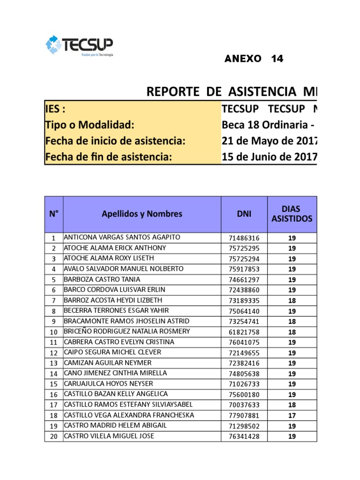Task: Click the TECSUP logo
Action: pyautogui.click(x=79, y=45)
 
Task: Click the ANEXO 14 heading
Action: pyautogui.click(x=254, y=59)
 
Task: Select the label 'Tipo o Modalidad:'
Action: pyautogui.click(x=90, y=125)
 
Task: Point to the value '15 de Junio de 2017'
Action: pyautogui.click(x=269, y=157)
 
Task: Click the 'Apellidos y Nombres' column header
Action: pyautogui.click(x=142, y=214)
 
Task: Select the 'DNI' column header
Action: pyautogui.click(x=244, y=214)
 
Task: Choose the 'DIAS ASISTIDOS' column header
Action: pyautogui.click(x=292, y=214)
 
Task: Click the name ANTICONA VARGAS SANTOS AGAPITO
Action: pyautogui.click(x=122, y=237)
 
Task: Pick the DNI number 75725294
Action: pyautogui.click(x=243, y=259)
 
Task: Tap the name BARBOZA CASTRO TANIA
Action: pyautogui.click(x=102, y=279)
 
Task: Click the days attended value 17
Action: pyautogui.click(x=292, y=415)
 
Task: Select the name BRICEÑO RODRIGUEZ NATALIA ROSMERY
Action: pyautogui.click(x=127, y=331)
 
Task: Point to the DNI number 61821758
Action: pyautogui.click(x=243, y=332)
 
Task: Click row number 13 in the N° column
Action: pyautogui.click(x=53, y=363)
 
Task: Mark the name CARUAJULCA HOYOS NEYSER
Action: pyautogui.click(x=108, y=384)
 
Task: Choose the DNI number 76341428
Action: pyautogui.click(x=243, y=436)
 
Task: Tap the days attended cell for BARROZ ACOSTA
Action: pyautogui.click(x=292, y=300)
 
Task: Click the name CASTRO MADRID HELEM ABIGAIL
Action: pyautogui.click(x=115, y=426)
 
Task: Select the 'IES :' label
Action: pyautogui.click(x=55, y=109)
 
